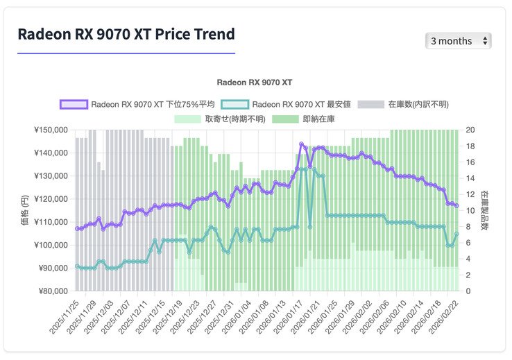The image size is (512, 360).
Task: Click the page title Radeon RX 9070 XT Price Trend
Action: (x=126, y=34)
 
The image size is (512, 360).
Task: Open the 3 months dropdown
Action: (x=458, y=41)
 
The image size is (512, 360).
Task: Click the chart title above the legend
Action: (x=254, y=83)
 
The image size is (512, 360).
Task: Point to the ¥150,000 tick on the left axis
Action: (x=50, y=130)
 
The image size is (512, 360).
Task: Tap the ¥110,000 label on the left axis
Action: (x=50, y=222)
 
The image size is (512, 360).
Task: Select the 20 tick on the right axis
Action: (x=470, y=130)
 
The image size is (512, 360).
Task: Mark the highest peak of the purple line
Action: (x=301, y=144)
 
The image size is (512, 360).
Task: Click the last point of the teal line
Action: (x=456, y=234)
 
